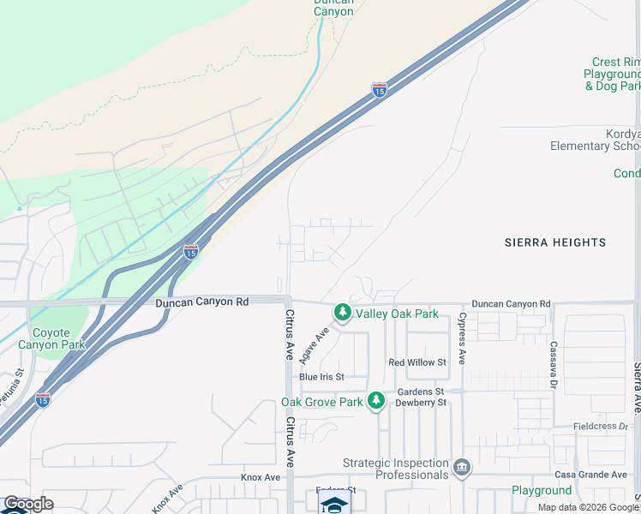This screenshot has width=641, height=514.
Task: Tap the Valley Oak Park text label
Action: [397, 314]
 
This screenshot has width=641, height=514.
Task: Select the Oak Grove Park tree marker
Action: [375, 401]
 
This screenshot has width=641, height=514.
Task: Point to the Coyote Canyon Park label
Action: [58, 338]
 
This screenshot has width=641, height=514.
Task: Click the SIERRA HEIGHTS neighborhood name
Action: [555, 242]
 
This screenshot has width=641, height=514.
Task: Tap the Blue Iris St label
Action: [321, 377]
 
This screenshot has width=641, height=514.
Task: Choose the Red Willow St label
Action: [417, 363]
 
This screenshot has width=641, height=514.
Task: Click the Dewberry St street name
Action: [421, 403]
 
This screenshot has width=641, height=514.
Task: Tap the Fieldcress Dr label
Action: [602, 427]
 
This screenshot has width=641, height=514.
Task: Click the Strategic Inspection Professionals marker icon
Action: [462, 467]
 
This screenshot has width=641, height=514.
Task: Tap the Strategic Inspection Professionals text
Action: [396, 469]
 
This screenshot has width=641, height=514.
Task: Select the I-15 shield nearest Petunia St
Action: [43, 399]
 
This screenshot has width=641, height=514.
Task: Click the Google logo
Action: [27, 504]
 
